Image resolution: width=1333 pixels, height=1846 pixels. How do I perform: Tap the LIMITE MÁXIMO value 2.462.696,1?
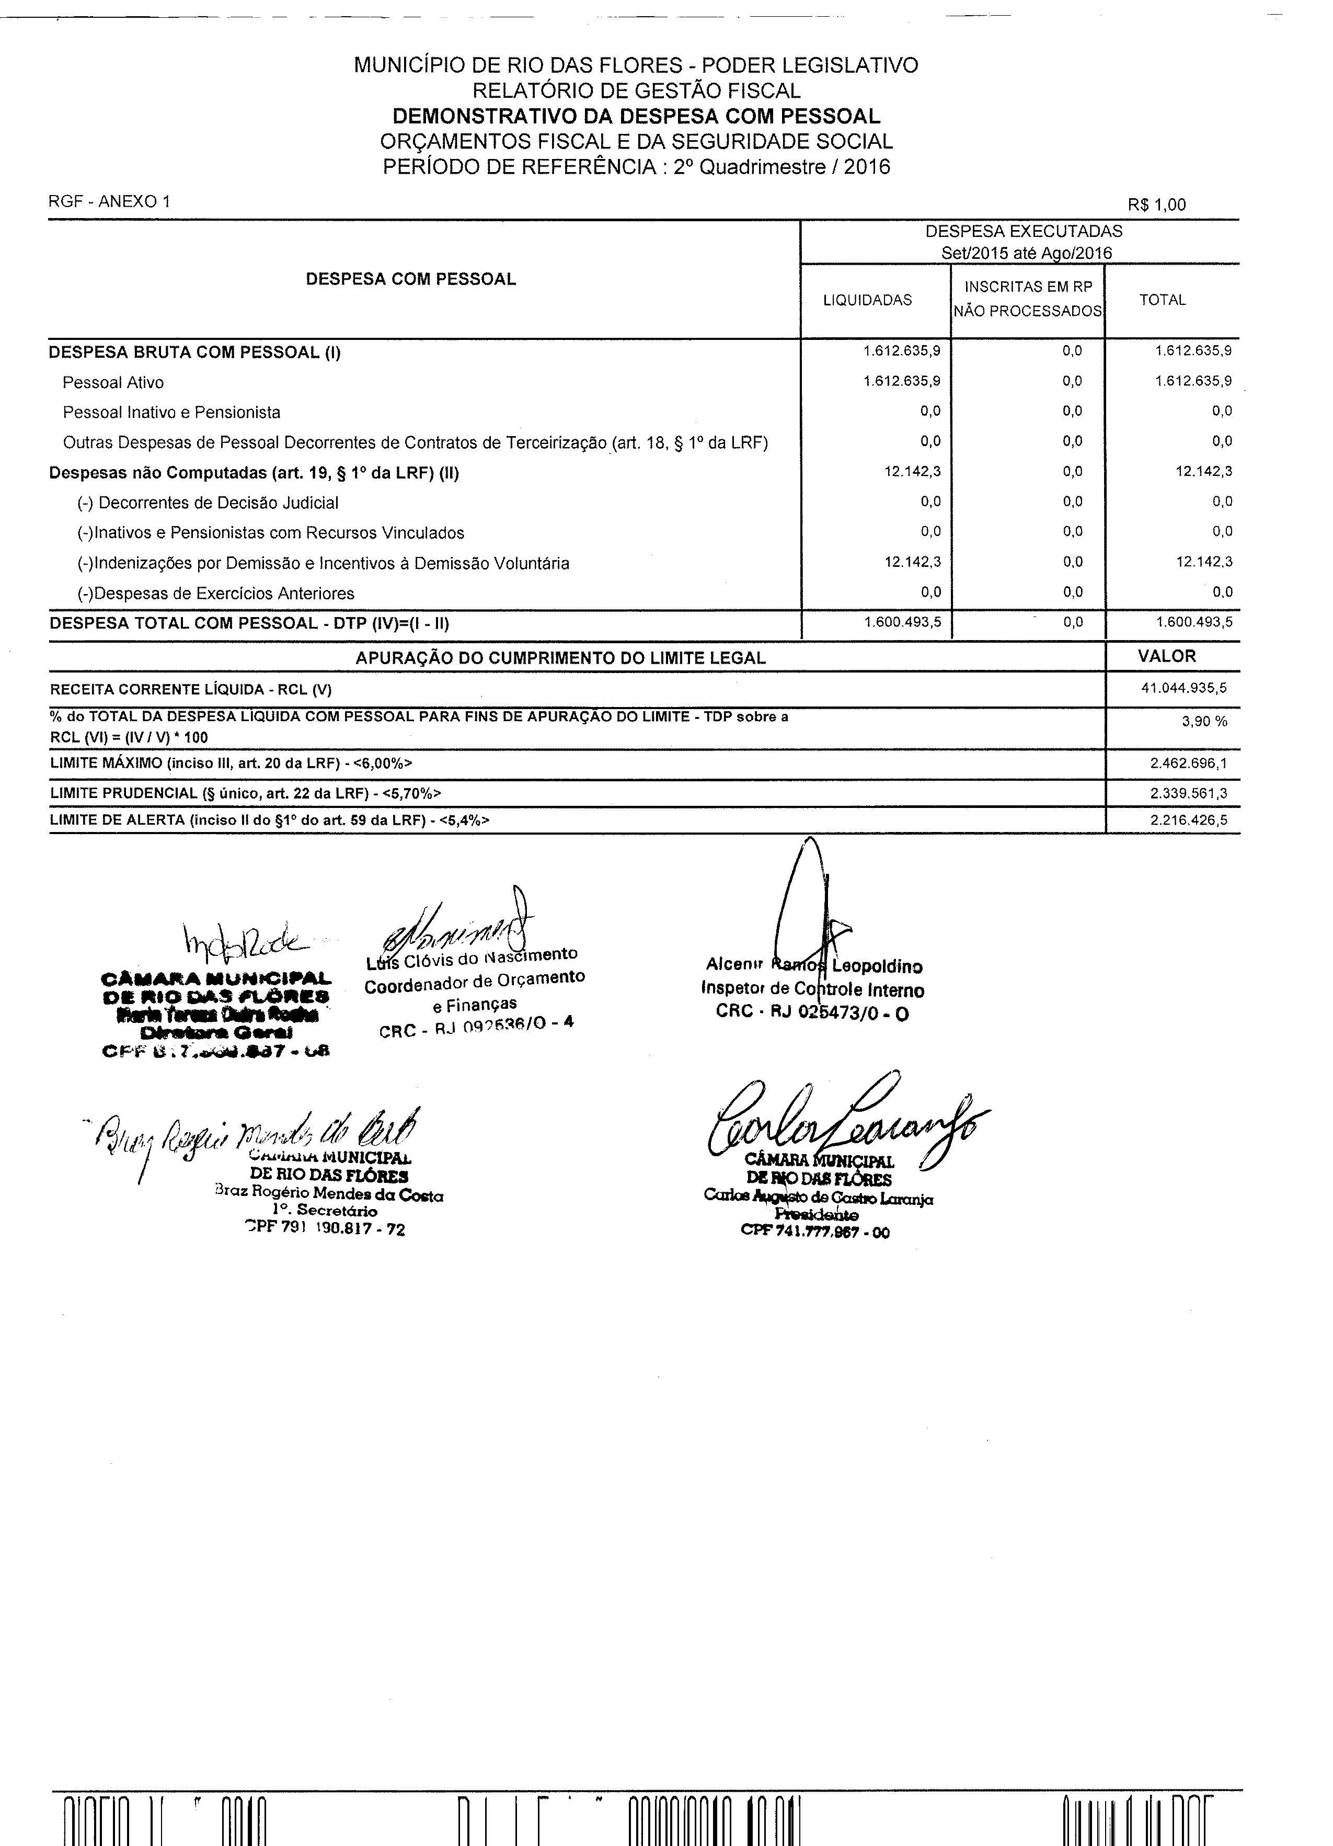[x=1188, y=764]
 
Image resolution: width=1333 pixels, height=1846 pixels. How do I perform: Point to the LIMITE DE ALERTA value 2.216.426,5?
[x=1188, y=821]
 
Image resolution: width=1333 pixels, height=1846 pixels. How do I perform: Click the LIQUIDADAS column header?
[x=868, y=300]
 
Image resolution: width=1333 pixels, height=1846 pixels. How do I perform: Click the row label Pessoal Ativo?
[x=113, y=383]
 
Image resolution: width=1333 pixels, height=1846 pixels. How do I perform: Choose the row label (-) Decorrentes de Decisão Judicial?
[x=209, y=503]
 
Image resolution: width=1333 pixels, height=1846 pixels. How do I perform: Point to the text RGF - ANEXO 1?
[x=110, y=202]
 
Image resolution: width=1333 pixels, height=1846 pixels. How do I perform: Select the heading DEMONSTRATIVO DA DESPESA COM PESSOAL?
[x=636, y=117]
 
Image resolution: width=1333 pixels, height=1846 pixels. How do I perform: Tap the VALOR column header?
[x=1166, y=656]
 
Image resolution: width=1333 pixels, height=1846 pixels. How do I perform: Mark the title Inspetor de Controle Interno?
[x=812, y=990]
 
